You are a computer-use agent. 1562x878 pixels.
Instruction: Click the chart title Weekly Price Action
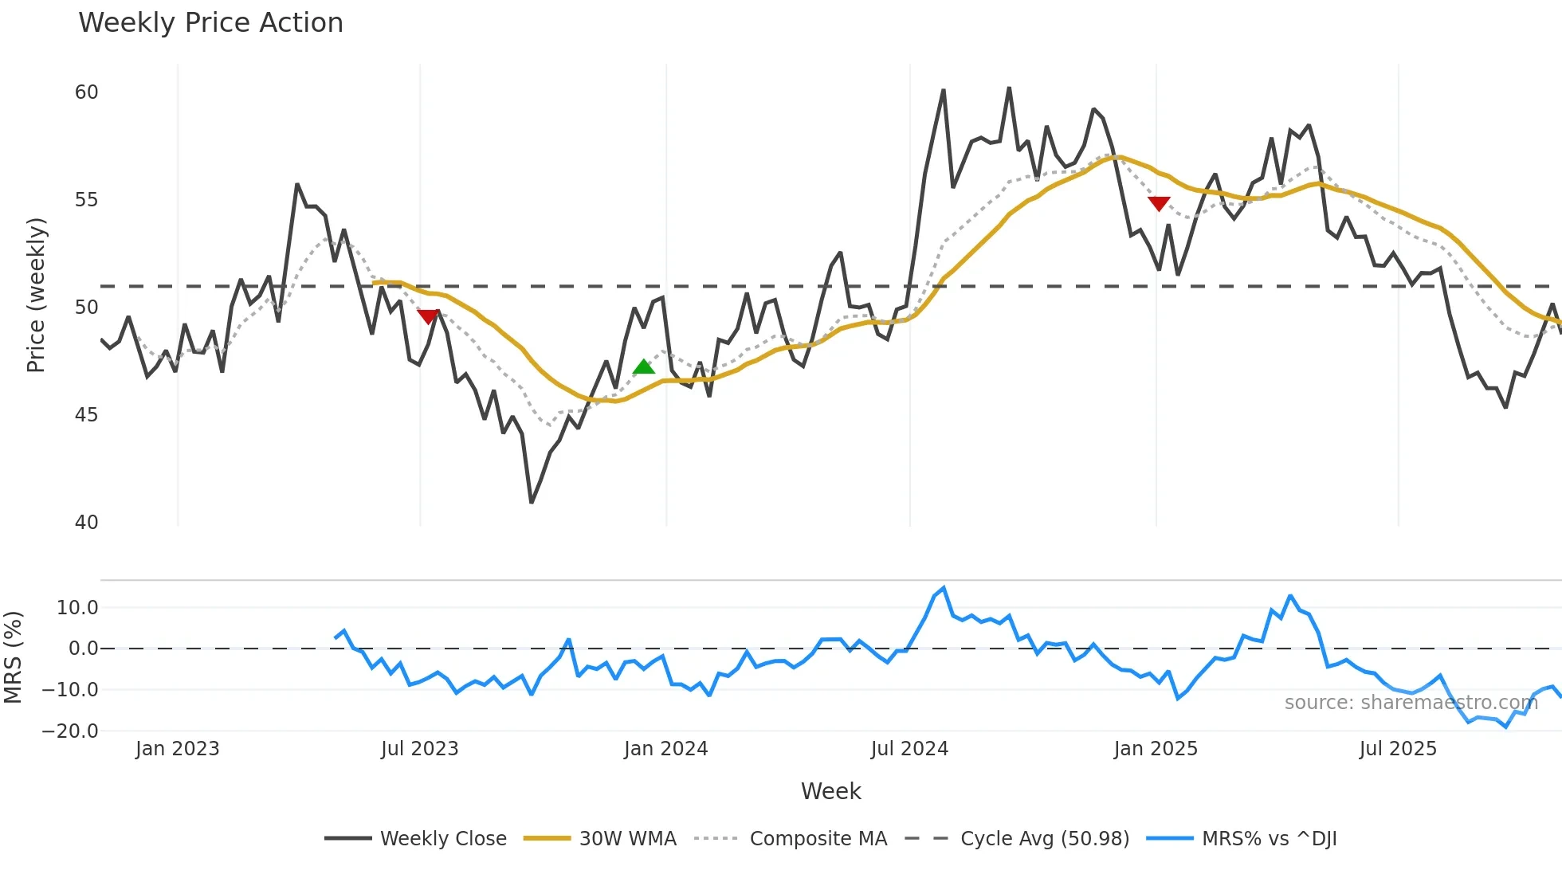coord(210,23)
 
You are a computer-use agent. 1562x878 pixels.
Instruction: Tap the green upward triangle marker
coord(643,367)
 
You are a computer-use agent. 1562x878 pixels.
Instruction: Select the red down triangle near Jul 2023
coord(429,316)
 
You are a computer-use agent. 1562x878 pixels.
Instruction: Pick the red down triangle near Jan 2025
coord(1159,204)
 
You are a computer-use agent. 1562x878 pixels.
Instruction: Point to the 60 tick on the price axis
coord(86,92)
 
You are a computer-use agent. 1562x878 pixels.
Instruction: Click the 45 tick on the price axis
coord(86,415)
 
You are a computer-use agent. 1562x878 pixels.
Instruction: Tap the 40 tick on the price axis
coord(86,523)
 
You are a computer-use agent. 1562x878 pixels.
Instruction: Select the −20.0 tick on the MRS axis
coord(70,731)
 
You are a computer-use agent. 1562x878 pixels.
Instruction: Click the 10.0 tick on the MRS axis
coord(77,608)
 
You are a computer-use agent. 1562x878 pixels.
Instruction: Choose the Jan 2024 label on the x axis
coord(665,749)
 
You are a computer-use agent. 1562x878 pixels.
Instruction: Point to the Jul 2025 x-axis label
coord(1398,749)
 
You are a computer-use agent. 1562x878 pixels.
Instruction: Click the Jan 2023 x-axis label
coord(177,749)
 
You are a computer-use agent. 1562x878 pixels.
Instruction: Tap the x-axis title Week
coord(830,791)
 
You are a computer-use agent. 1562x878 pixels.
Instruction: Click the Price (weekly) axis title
coord(37,295)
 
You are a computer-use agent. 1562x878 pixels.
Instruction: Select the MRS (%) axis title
coord(13,657)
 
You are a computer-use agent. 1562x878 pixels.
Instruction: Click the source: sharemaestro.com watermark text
coord(1411,703)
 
